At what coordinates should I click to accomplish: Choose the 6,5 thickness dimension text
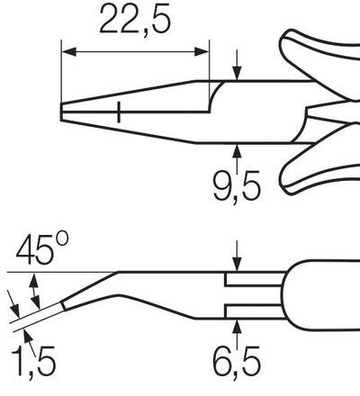click(236, 364)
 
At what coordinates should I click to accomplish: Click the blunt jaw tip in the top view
click(63, 112)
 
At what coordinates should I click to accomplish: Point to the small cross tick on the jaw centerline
click(118, 112)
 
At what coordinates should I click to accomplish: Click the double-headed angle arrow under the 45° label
click(35, 289)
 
